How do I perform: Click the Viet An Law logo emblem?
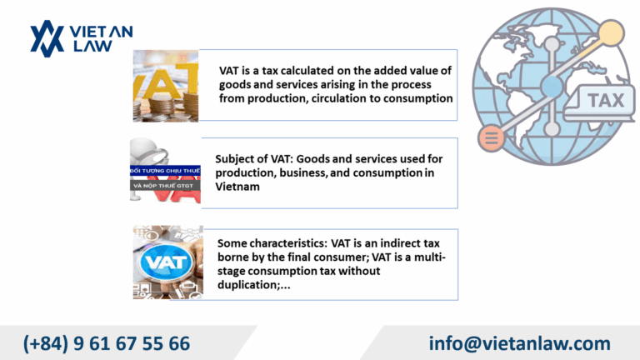(x=47, y=38)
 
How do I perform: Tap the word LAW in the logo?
(x=92, y=46)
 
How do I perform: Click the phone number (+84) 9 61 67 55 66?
(x=107, y=343)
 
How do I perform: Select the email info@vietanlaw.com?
(x=520, y=343)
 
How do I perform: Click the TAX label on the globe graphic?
(x=606, y=100)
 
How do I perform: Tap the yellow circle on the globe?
(x=611, y=33)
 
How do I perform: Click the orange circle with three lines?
(x=492, y=137)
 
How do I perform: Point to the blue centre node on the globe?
(x=552, y=87)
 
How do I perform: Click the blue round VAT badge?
(x=166, y=262)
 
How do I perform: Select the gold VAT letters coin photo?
(x=166, y=86)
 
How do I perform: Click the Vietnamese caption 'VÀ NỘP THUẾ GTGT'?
(x=163, y=186)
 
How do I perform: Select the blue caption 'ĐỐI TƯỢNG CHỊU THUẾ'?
(x=165, y=171)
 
